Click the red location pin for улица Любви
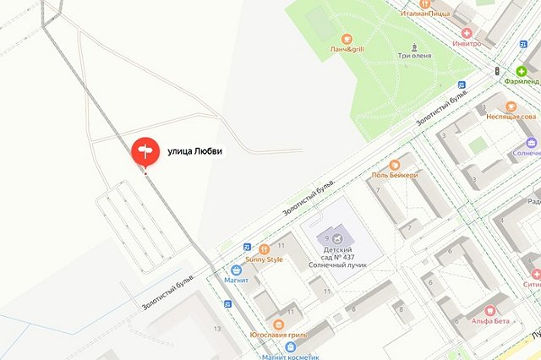point(145,151)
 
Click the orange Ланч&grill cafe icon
point(346,39)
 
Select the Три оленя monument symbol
point(414,46)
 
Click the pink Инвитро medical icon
point(466,32)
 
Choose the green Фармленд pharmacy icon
point(533,72)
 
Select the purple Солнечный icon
point(531,143)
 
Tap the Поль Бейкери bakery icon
point(394,165)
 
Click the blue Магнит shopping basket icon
point(236,270)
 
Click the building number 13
point(217,328)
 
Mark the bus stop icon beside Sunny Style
point(247,247)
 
